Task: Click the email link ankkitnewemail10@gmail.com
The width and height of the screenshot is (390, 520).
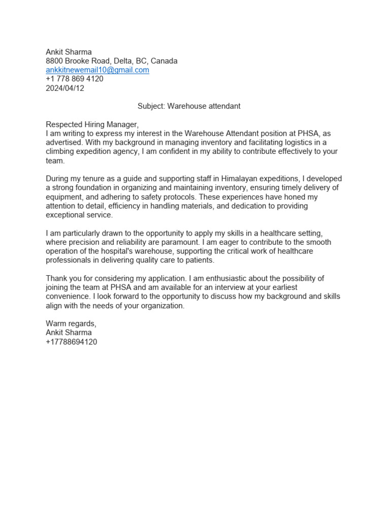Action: pyautogui.click(x=97, y=70)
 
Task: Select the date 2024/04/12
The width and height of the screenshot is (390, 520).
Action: pyautogui.click(x=65, y=88)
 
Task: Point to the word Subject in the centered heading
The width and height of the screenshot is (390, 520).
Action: pyautogui.click(x=151, y=106)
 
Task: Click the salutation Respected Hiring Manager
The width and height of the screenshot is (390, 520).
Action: pyautogui.click(x=92, y=124)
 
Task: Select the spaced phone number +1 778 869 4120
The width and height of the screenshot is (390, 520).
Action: pyautogui.click(x=75, y=79)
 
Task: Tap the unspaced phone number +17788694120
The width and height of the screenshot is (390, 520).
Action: pyautogui.click(x=72, y=342)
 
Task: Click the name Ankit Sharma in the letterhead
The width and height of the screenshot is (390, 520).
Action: pyautogui.click(x=69, y=52)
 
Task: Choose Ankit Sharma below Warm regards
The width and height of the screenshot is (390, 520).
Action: pyautogui.click(x=69, y=333)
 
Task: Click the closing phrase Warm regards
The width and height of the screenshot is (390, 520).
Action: pyautogui.click(x=71, y=324)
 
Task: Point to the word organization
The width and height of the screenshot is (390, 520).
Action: pyautogui.click(x=163, y=306)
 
